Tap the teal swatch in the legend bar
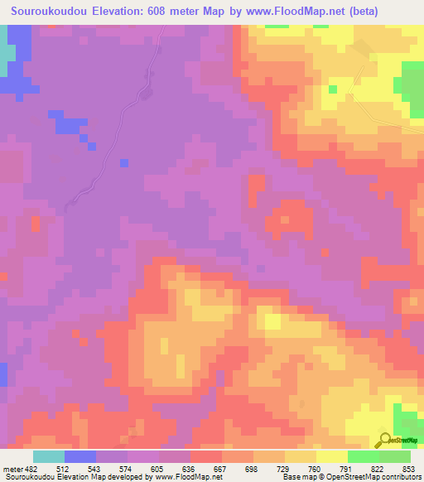48,456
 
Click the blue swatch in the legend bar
79,456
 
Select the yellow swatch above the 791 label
331,456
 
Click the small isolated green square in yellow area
332,89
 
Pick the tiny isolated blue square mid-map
123,162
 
